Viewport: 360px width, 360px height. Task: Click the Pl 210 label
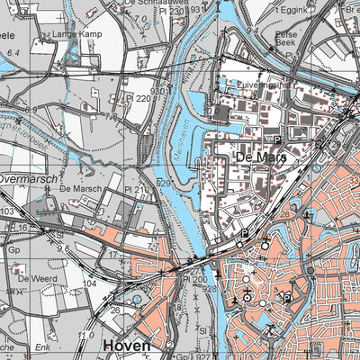pyautogui.click(x=138, y=190)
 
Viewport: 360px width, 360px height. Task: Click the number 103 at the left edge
pyautogui.click(x=7, y=211)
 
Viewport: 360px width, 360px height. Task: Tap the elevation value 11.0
pyautogui.click(x=86, y=334)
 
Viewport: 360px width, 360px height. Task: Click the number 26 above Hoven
pyautogui.click(x=117, y=311)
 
